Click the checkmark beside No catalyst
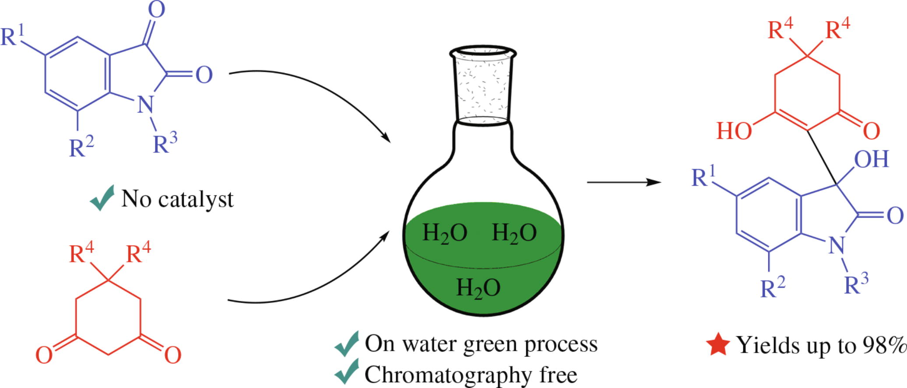102,198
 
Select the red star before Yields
718,345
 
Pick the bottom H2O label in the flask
478,288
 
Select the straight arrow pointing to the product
624,182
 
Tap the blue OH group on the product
871,159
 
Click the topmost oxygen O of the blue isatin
156,10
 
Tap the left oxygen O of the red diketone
44,355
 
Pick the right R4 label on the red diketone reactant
138,253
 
